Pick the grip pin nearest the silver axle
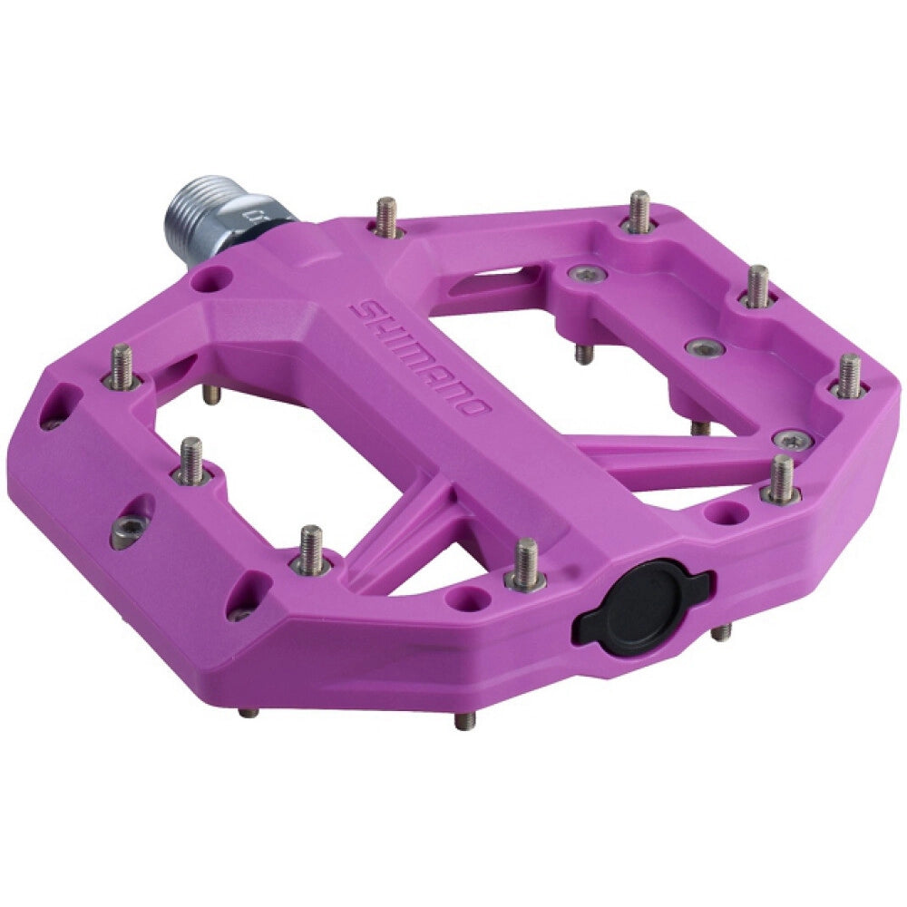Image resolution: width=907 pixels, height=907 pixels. pyautogui.click(x=387, y=218)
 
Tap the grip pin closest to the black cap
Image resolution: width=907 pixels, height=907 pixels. pyautogui.click(x=526, y=564)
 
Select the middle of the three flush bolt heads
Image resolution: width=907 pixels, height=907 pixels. pyautogui.click(x=704, y=348)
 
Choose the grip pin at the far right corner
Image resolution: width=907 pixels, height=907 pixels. pyautogui.click(x=849, y=375)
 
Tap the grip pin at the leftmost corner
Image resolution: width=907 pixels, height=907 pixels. pyautogui.click(x=122, y=367)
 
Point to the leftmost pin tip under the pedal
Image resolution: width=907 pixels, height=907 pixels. pyautogui.click(x=248, y=713)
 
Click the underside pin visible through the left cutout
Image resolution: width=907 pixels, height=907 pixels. pyautogui.click(x=210, y=393)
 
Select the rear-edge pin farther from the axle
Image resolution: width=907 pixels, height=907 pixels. pyautogui.click(x=640, y=211)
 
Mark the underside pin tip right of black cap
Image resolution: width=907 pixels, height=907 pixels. pyautogui.click(x=721, y=631)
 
